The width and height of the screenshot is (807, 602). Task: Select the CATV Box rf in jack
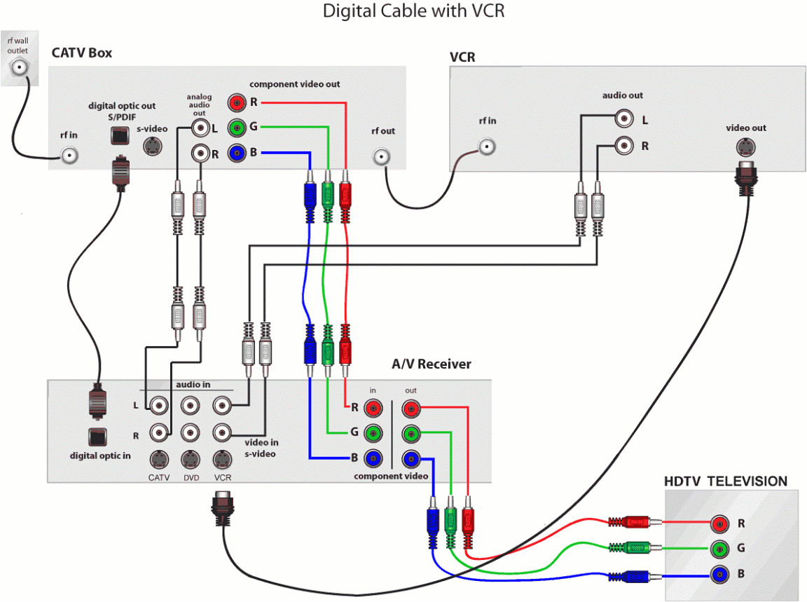tap(69, 156)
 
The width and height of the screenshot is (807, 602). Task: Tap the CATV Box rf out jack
tap(382, 156)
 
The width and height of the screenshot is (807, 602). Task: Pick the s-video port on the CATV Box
tap(154, 146)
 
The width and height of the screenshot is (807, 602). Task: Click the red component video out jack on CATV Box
tap(238, 103)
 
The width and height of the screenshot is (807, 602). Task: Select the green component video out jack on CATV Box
tap(238, 128)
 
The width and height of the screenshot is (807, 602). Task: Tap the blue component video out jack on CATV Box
tap(238, 152)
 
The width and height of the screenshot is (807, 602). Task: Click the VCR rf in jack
tap(488, 146)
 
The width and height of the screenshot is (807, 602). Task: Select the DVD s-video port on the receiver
tap(191, 460)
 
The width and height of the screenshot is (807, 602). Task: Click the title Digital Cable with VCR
tap(413, 11)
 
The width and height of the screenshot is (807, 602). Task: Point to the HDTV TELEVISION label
tap(725, 481)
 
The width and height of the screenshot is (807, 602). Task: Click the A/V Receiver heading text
tap(431, 364)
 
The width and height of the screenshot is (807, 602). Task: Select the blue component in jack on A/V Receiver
tap(374, 459)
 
